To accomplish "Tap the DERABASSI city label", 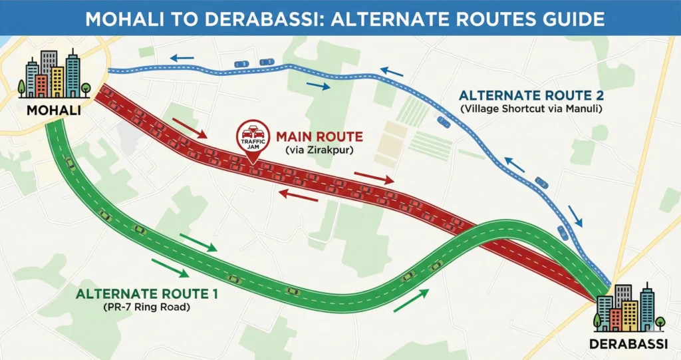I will [627, 345].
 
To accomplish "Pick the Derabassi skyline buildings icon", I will [628, 309].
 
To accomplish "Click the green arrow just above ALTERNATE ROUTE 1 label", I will [168, 268].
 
